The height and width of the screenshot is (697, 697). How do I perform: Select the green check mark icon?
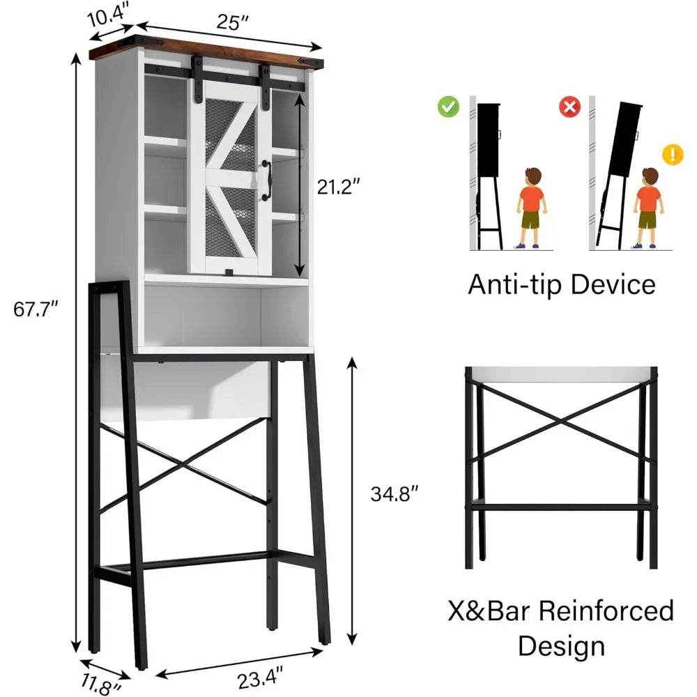448,107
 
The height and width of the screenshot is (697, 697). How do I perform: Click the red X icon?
570,107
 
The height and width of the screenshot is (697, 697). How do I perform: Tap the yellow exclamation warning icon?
672,154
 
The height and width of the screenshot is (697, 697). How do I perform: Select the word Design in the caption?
561,645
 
